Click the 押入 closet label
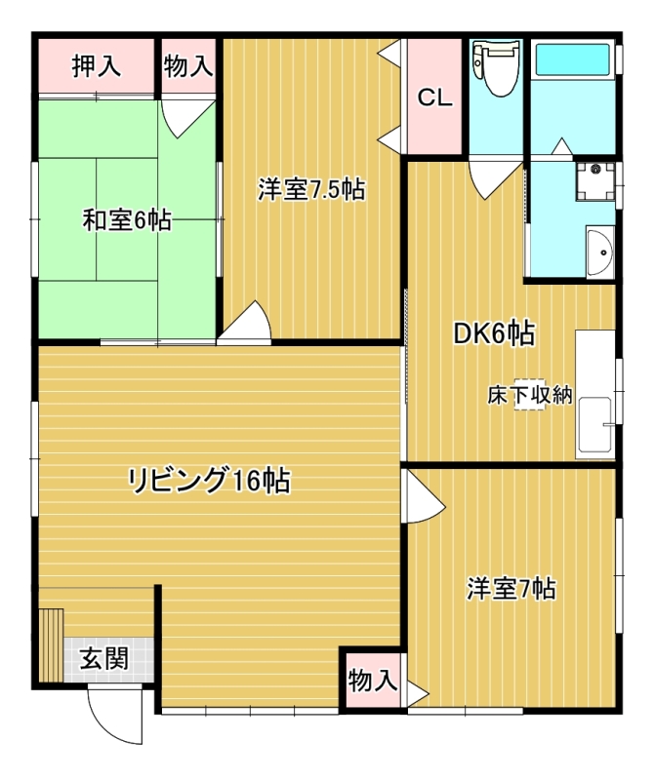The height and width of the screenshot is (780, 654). tap(96, 65)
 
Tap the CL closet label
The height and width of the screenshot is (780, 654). tap(434, 97)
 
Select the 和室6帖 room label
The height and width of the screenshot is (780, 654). tap(127, 220)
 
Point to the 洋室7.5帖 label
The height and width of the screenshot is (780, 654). tap(311, 189)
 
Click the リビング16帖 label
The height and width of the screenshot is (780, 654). tap(210, 481)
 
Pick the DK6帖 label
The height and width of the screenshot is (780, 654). tap(494, 333)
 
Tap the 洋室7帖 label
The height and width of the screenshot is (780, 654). tap(511, 589)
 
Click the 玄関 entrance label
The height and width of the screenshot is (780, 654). tap(104, 659)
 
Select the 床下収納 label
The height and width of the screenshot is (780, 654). tap(529, 396)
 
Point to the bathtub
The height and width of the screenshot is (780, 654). tap(573, 60)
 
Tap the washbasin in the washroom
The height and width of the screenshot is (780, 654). tap(599, 252)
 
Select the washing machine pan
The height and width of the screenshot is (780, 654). tap(594, 181)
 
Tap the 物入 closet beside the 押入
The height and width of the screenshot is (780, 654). tap(188, 65)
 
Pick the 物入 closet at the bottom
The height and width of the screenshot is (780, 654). tap(373, 680)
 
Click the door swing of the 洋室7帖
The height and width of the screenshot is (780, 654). tap(424, 496)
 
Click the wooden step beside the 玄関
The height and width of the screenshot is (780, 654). tap(52, 644)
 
